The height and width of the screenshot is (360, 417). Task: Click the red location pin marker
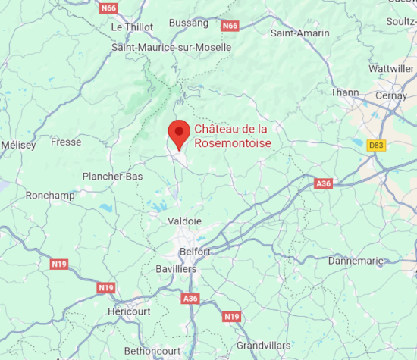pos(179,133)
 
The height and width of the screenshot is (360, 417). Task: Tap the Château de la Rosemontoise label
pos(231,136)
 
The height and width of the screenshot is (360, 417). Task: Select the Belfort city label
pos(195,251)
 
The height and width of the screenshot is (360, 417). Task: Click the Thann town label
pos(345,92)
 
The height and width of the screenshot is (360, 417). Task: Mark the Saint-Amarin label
pos(299,33)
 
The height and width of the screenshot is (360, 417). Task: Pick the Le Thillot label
pos(132,27)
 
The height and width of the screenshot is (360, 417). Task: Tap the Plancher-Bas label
pos(112,177)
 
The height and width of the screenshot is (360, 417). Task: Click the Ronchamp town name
pos(48,195)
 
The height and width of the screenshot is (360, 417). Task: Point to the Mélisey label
pos(19,145)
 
